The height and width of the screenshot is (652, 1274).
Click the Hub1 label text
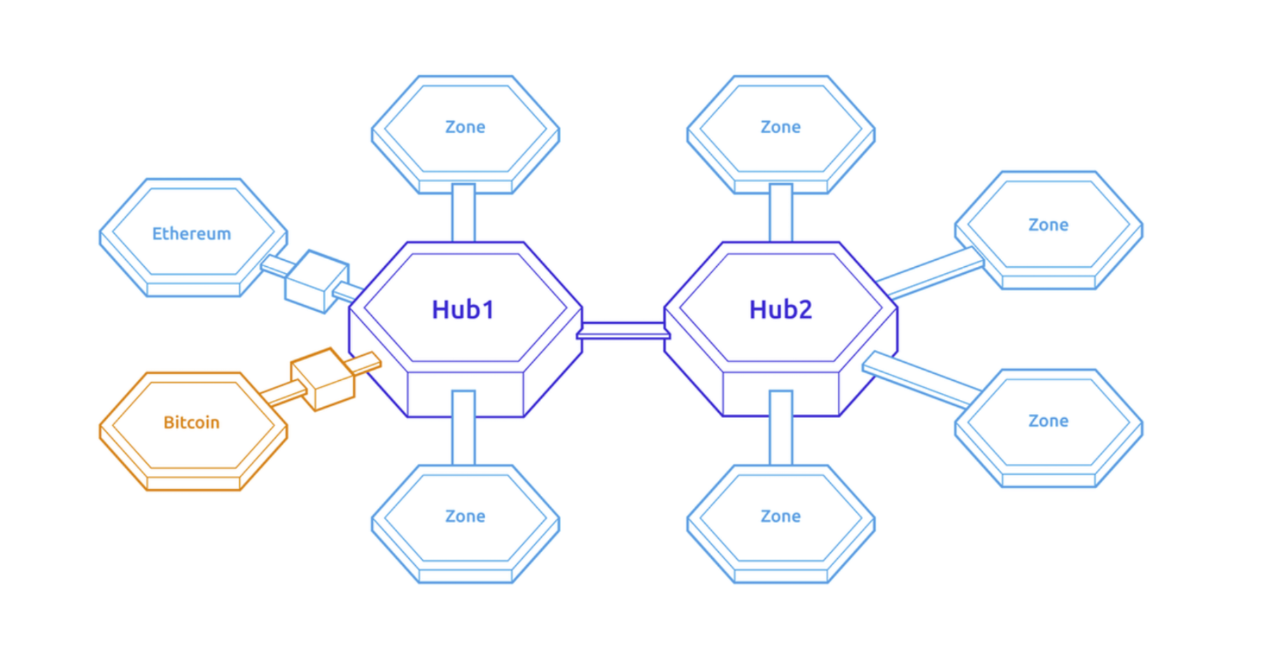tap(463, 310)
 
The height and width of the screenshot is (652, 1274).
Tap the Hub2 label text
tap(780, 310)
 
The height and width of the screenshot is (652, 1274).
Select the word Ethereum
tap(192, 234)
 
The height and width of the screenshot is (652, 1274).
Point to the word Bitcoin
tap(192, 422)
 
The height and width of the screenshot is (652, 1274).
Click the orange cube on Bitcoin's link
tap(323, 379)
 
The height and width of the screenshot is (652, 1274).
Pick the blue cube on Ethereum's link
tap(316, 281)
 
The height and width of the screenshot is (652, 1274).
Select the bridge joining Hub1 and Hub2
tap(623, 331)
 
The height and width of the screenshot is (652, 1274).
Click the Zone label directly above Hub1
tap(465, 127)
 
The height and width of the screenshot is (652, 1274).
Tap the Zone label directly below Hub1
tap(465, 516)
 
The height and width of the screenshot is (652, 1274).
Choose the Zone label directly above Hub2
tap(780, 127)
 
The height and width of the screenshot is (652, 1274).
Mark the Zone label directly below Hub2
tap(780, 516)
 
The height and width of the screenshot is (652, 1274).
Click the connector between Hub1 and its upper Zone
tap(463, 213)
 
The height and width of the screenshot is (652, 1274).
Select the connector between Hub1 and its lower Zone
tap(463, 428)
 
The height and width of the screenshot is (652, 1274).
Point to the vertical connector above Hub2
tap(780, 213)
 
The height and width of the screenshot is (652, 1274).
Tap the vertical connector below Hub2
tap(780, 428)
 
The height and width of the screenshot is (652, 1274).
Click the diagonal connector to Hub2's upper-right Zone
tap(930, 273)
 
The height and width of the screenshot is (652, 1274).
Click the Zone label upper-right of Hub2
tap(1048, 225)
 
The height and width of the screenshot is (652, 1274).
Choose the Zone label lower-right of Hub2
tap(1048, 421)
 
